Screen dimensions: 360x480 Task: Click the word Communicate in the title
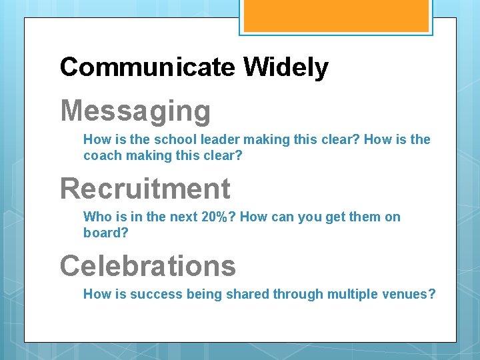(147, 67)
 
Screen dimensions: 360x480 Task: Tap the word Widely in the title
(285, 67)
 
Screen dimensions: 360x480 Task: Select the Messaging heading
(135, 111)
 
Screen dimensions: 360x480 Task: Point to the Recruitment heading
(145, 189)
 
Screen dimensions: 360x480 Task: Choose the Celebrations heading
(148, 266)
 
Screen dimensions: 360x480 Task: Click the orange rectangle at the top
(335, 15)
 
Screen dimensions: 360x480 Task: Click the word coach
(101, 156)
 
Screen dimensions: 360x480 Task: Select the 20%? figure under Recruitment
(219, 217)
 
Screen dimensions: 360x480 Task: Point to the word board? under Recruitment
(105, 233)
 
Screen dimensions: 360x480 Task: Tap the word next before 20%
(182, 217)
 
